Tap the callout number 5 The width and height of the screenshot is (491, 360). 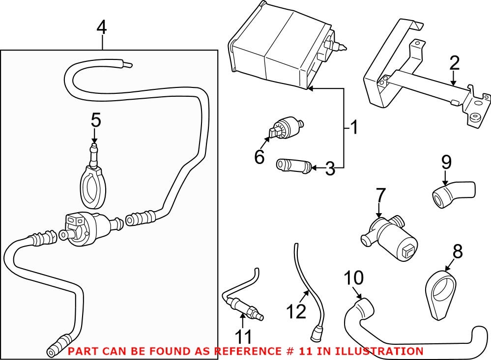tap(96, 119)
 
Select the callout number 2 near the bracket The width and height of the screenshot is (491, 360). tap(454, 63)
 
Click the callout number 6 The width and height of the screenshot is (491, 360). tap(260, 157)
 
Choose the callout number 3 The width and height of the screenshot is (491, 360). tap(330, 169)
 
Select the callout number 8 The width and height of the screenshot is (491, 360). tap(458, 251)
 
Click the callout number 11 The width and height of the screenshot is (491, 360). tap(243, 336)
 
